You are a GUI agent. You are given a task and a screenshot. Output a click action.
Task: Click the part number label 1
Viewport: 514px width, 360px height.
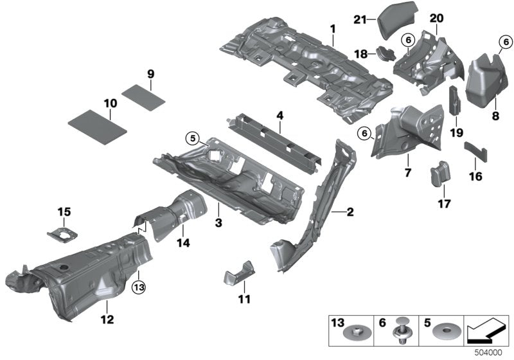coord(333,29)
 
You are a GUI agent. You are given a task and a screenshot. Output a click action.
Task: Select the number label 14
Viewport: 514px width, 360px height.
coord(184,243)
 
